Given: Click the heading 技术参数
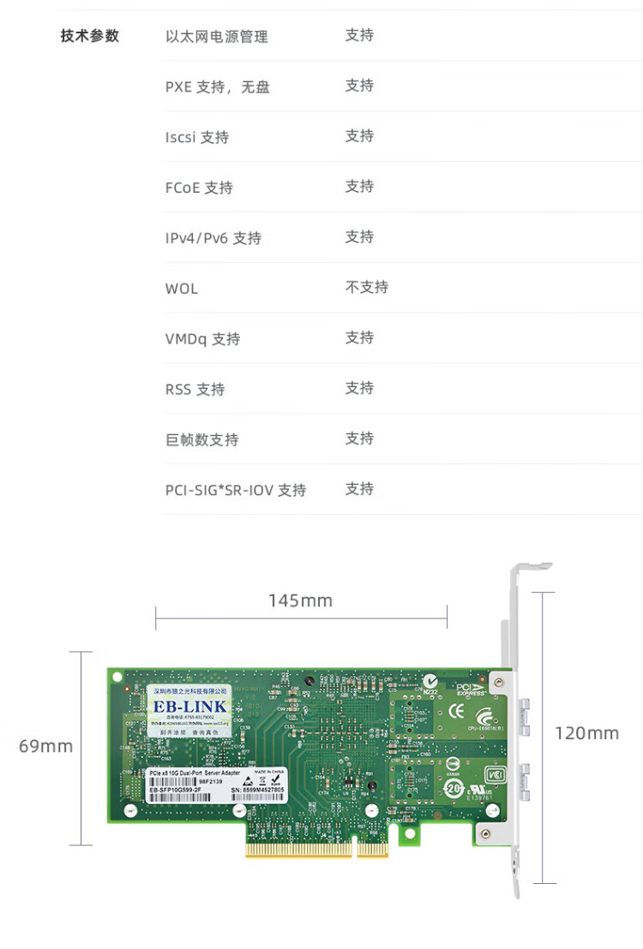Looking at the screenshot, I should click(x=90, y=36).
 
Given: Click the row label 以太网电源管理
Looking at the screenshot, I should click(x=216, y=36).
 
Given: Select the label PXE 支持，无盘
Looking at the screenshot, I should click(x=217, y=87).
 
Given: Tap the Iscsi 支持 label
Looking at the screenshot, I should click(x=196, y=137).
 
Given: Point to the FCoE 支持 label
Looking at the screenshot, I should click(x=198, y=188).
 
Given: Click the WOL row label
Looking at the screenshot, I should click(x=181, y=289).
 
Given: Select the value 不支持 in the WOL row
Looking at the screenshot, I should click(x=366, y=287).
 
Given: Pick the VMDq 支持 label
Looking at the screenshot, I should click(x=202, y=339).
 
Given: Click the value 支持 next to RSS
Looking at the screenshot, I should click(x=359, y=388).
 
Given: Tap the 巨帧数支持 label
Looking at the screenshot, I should click(x=201, y=440).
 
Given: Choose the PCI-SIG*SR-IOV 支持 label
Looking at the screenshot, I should click(x=235, y=491).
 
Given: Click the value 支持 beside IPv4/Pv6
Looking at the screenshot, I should click(x=359, y=236).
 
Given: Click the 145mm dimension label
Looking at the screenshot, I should click(x=300, y=600).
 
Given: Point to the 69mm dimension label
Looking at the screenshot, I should click(x=46, y=747).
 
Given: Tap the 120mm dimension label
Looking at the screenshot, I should click(x=586, y=733).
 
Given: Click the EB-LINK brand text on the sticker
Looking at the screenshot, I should click(x=189, y=707).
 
